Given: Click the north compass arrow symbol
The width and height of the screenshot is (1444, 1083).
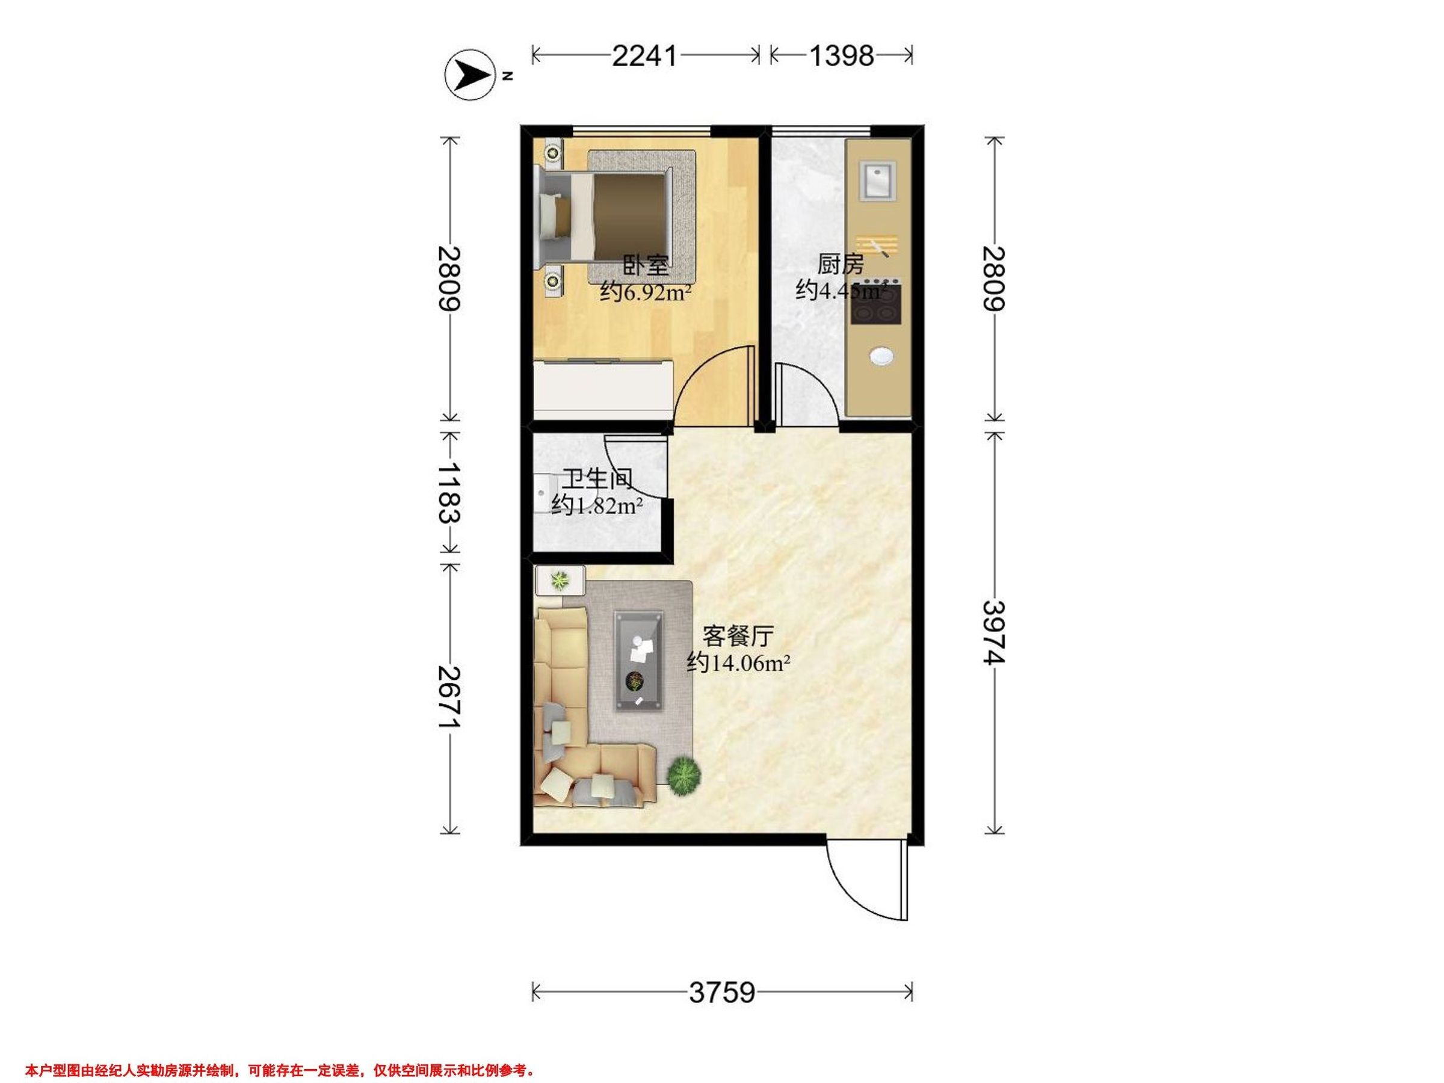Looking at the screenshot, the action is [470, 76].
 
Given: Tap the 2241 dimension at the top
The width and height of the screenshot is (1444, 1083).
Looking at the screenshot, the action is [645, 56].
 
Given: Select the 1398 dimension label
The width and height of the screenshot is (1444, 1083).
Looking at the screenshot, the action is [842, 56].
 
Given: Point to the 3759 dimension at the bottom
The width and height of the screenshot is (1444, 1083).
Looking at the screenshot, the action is [722, 993].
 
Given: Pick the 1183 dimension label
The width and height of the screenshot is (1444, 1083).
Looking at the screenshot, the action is [449, 493].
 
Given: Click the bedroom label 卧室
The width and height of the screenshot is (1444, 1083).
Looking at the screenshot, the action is [646, 267].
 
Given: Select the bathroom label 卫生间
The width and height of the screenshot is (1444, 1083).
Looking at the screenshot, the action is [598, 480].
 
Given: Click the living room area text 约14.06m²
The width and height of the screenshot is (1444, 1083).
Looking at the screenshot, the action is [739, 664].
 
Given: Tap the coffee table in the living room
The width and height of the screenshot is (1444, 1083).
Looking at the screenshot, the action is [639, 661].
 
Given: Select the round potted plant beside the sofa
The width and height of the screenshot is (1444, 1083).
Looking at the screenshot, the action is [685, 776].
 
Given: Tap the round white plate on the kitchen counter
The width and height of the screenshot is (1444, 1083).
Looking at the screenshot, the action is [881, 356].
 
